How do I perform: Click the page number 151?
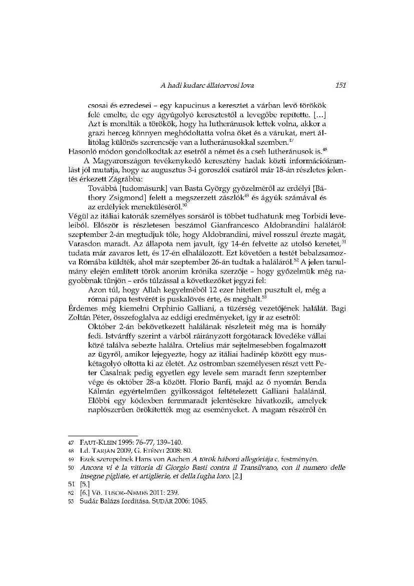pos(341,86)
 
